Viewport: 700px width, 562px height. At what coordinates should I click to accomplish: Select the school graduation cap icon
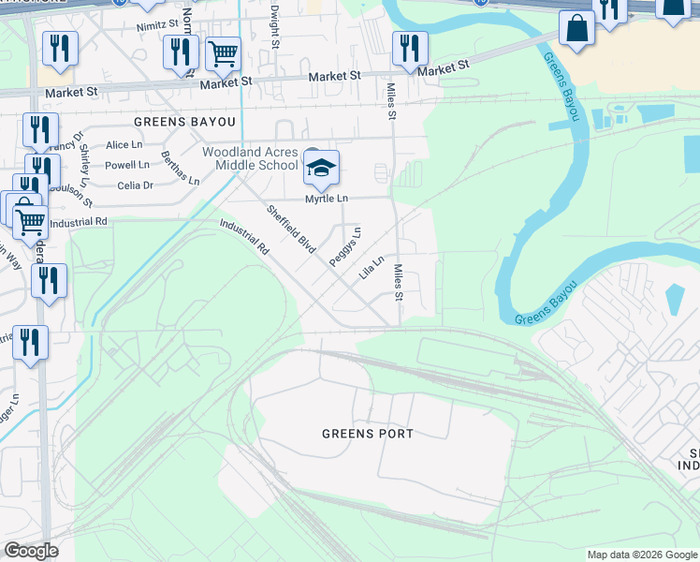[320, 169]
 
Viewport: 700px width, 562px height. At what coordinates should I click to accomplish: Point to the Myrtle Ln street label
[326, 199]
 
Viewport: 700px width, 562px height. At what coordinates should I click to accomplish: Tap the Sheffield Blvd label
[290, 229]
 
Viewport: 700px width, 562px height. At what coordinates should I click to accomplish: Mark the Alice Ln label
[124, 145]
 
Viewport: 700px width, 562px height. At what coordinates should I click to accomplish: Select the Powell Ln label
[126, 165]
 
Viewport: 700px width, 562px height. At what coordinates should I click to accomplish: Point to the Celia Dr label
[135, 185]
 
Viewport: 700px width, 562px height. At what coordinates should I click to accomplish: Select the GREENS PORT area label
[367, 434]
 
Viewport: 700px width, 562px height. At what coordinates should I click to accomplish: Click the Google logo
[31, 551]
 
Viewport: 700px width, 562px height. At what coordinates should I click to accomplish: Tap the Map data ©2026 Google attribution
[641, 555]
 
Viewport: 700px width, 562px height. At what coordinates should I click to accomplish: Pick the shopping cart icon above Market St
[223, 54]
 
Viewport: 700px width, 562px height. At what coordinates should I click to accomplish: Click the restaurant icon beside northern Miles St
[410, 49]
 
